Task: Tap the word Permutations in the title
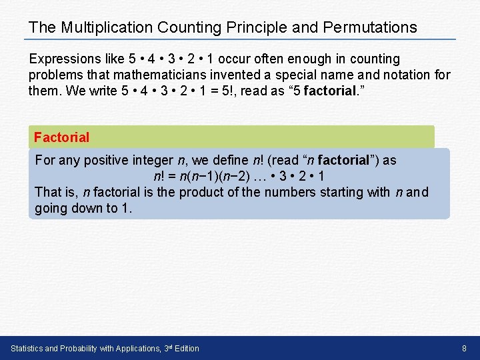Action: (x=370, y=27)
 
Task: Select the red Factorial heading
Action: (x=61, y=137)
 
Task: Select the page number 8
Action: (x=465, y=348)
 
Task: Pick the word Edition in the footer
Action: (x=185, y=348)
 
